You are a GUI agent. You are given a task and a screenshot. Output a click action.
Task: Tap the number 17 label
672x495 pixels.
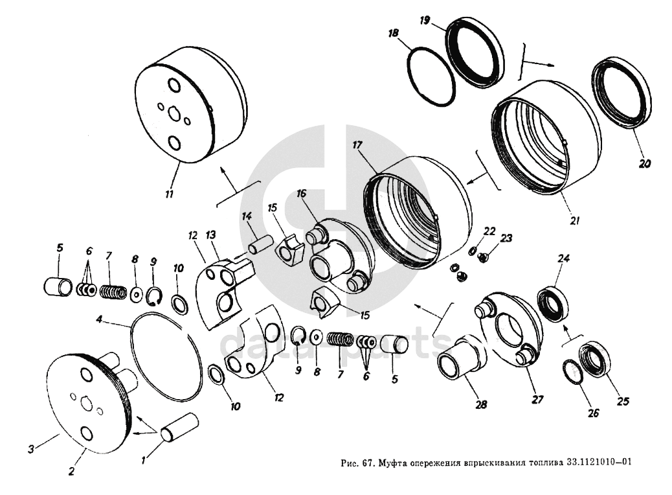[x=357, y=145]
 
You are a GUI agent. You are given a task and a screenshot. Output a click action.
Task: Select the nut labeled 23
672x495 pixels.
[x=482, y=257]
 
